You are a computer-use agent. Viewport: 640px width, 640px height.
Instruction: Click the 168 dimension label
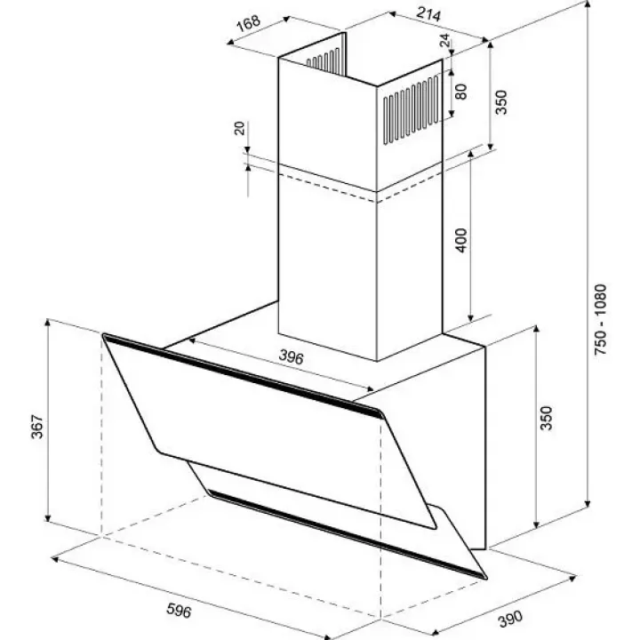(x=249, y=23)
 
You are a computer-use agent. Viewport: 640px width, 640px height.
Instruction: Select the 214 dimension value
(x=428, y=14)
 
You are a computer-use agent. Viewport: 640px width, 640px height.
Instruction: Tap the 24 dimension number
(x=444, y=40)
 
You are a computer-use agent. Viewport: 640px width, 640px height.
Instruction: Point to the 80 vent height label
(x=460, y=92)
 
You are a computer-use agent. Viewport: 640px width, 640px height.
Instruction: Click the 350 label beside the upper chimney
(x=500, y=102)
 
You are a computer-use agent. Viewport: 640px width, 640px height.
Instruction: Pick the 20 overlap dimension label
(x=240, y=128)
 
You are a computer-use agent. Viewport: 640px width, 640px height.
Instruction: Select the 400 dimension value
(x=460, y=240)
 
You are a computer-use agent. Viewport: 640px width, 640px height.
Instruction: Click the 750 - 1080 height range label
(x=601, y=320)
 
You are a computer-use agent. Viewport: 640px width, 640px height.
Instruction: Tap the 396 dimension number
(x=292, y=357)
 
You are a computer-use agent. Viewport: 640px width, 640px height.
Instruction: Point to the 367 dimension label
(x=37, y=427)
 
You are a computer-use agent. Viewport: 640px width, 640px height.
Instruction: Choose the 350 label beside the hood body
(x=546, y=418)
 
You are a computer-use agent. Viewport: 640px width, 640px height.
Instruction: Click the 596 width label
(x=179, y=611)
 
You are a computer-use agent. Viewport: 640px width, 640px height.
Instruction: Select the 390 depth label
(x=510, y=619)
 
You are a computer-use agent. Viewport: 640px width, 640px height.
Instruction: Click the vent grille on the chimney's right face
(x=411, y=110)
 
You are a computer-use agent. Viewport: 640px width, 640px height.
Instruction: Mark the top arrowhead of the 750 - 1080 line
(x=588, y=4)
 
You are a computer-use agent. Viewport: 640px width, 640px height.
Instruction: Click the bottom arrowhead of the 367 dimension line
(x=47, y=517)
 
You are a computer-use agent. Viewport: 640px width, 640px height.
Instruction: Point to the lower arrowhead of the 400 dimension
(x=470, y=318)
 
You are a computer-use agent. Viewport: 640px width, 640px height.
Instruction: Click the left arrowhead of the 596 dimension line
(x=55, y=558)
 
